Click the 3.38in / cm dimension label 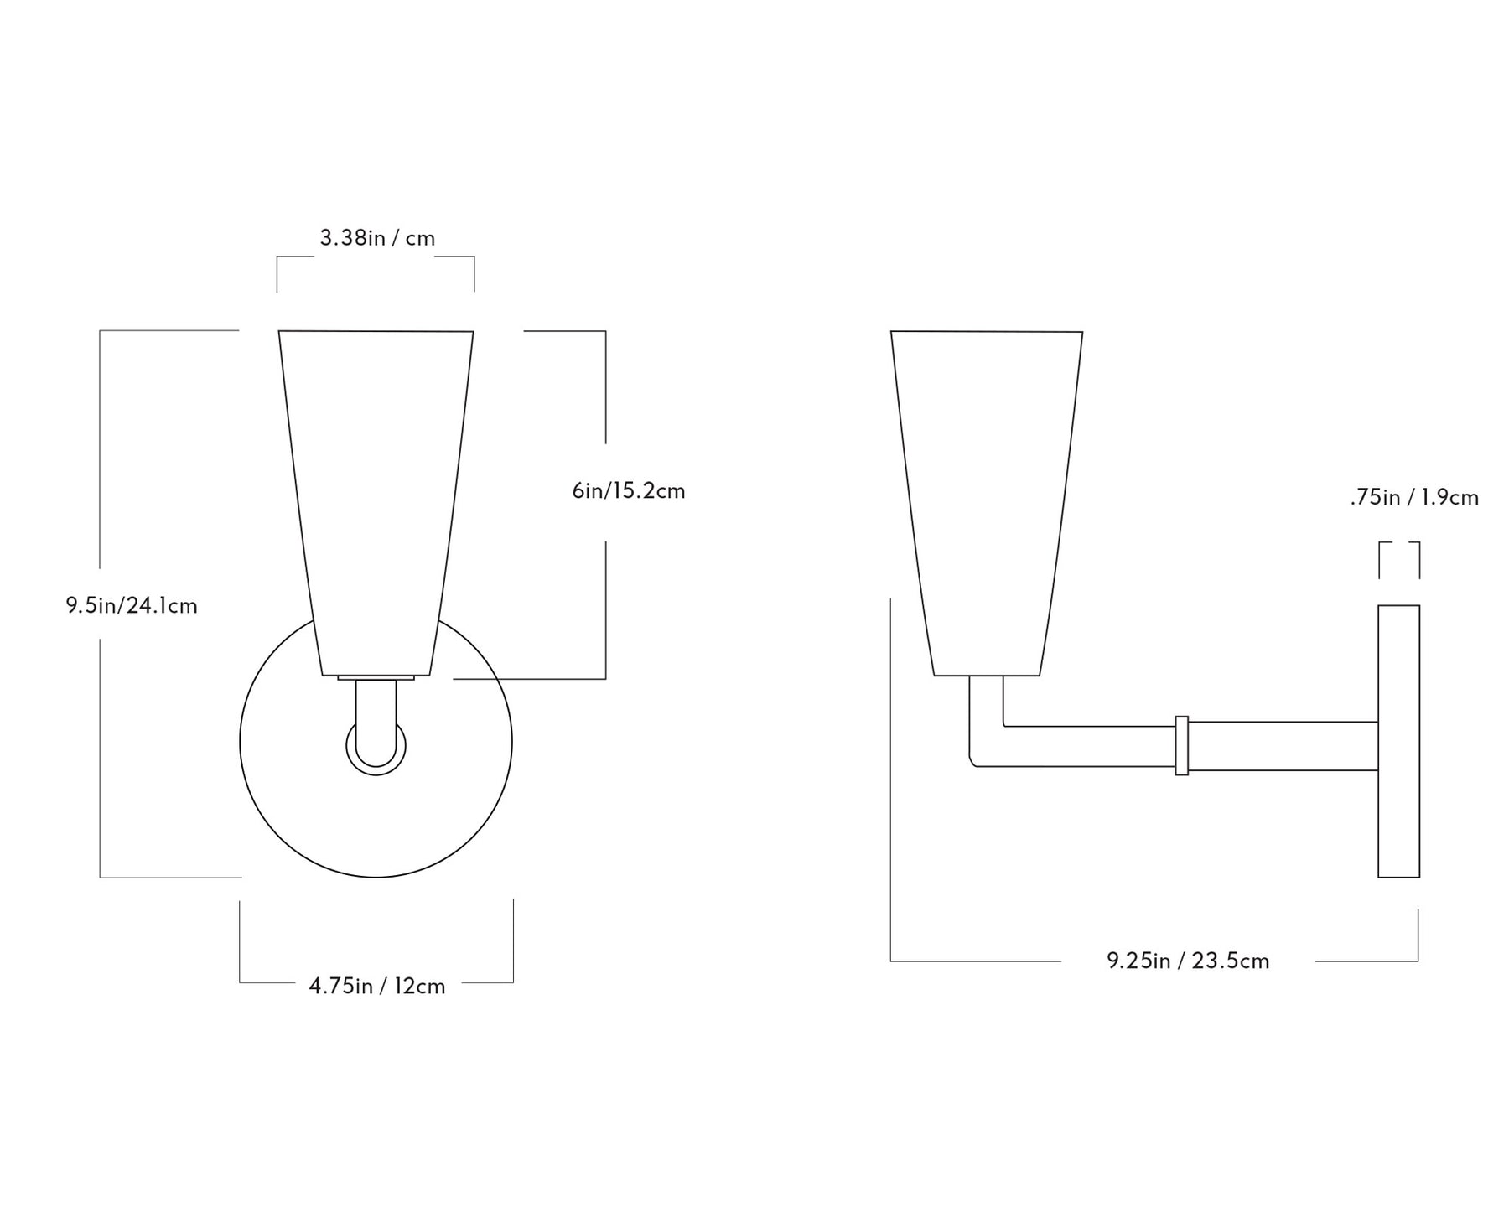point(377,238)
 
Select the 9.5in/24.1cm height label point(132,605)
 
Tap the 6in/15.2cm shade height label point(629,491)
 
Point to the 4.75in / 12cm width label point(377,986)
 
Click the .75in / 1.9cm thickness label point(1414,498)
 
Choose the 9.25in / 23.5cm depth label point(1188,961)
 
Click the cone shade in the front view point(376,503)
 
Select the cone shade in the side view point(987,503)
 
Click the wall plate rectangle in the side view point(1399,741)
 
